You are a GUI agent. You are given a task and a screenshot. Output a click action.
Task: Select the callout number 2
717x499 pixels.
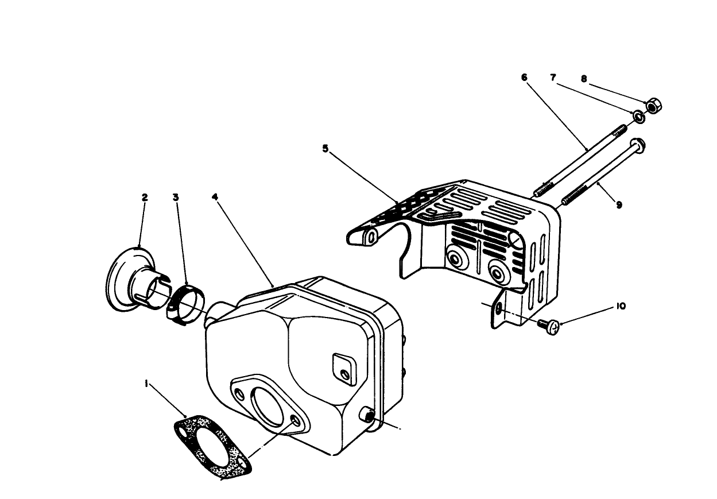tap(145, 197)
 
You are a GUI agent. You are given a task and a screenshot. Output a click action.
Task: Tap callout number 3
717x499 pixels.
tap(176, 197)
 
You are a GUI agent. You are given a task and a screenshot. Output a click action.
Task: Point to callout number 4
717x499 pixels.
tap(215, 197)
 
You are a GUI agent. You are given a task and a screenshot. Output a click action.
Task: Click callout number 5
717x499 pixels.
tap(325, 148)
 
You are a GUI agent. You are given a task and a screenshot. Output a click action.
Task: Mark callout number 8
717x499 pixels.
tap(584, 79)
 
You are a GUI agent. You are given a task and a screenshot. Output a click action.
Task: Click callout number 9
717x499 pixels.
tap(619, 204)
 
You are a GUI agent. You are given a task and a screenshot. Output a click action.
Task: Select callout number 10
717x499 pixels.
tap(621, 306)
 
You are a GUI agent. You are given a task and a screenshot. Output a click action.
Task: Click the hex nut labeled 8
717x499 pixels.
tap(653, 106)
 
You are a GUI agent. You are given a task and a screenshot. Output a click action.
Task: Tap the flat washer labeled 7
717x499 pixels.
tap(638, 117)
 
